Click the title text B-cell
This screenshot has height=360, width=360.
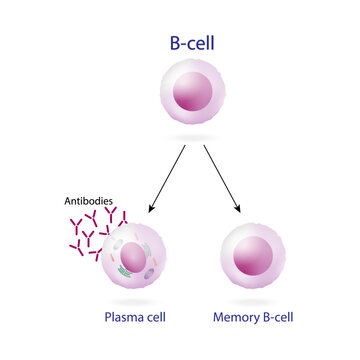(181, 44)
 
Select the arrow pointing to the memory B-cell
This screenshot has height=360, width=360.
(222, 180)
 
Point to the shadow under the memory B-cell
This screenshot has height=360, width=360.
(255, 299)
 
